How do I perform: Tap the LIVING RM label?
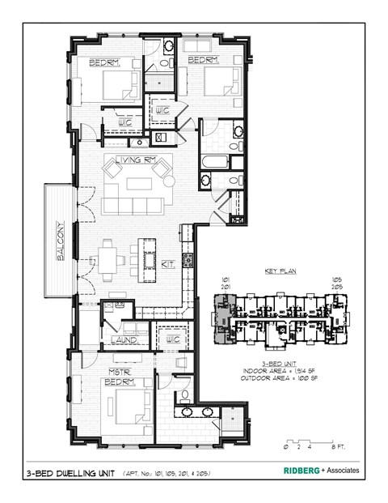click(134, 160)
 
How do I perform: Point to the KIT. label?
click(171, 263)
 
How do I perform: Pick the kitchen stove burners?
click(188, 260)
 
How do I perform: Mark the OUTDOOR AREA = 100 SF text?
click(280, 379)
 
